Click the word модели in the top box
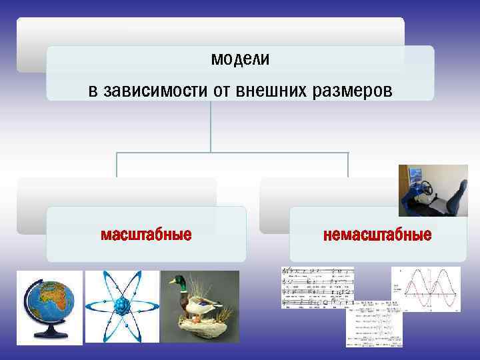tap(240, 59)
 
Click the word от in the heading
tap(221, 90)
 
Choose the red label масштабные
tap(146, 235)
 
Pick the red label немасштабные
tap(377, 235)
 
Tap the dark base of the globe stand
tap(50, 336)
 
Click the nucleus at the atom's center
tap(121, 307)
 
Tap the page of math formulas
tap(373, 327)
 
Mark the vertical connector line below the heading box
tap(211, 127)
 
